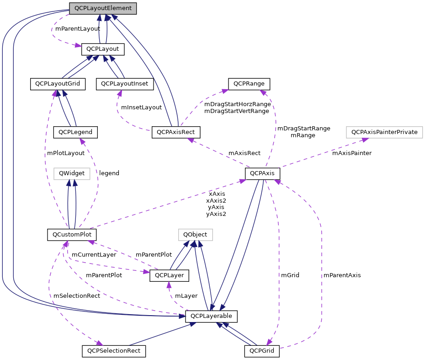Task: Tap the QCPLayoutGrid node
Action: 58,84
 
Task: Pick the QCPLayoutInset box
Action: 125,84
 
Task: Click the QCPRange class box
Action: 249,84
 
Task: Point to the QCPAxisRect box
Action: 176,132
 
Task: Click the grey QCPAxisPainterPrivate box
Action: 384,132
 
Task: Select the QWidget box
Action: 72,173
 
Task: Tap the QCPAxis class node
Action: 262,174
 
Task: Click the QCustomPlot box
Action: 72,235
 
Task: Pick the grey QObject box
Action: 195,235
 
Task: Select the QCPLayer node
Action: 169,275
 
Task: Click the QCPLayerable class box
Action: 211,316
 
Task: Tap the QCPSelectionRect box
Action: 114,351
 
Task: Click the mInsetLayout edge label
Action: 141,107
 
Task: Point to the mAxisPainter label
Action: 351,153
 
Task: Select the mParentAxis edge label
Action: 342,275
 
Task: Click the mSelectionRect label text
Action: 77,296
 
